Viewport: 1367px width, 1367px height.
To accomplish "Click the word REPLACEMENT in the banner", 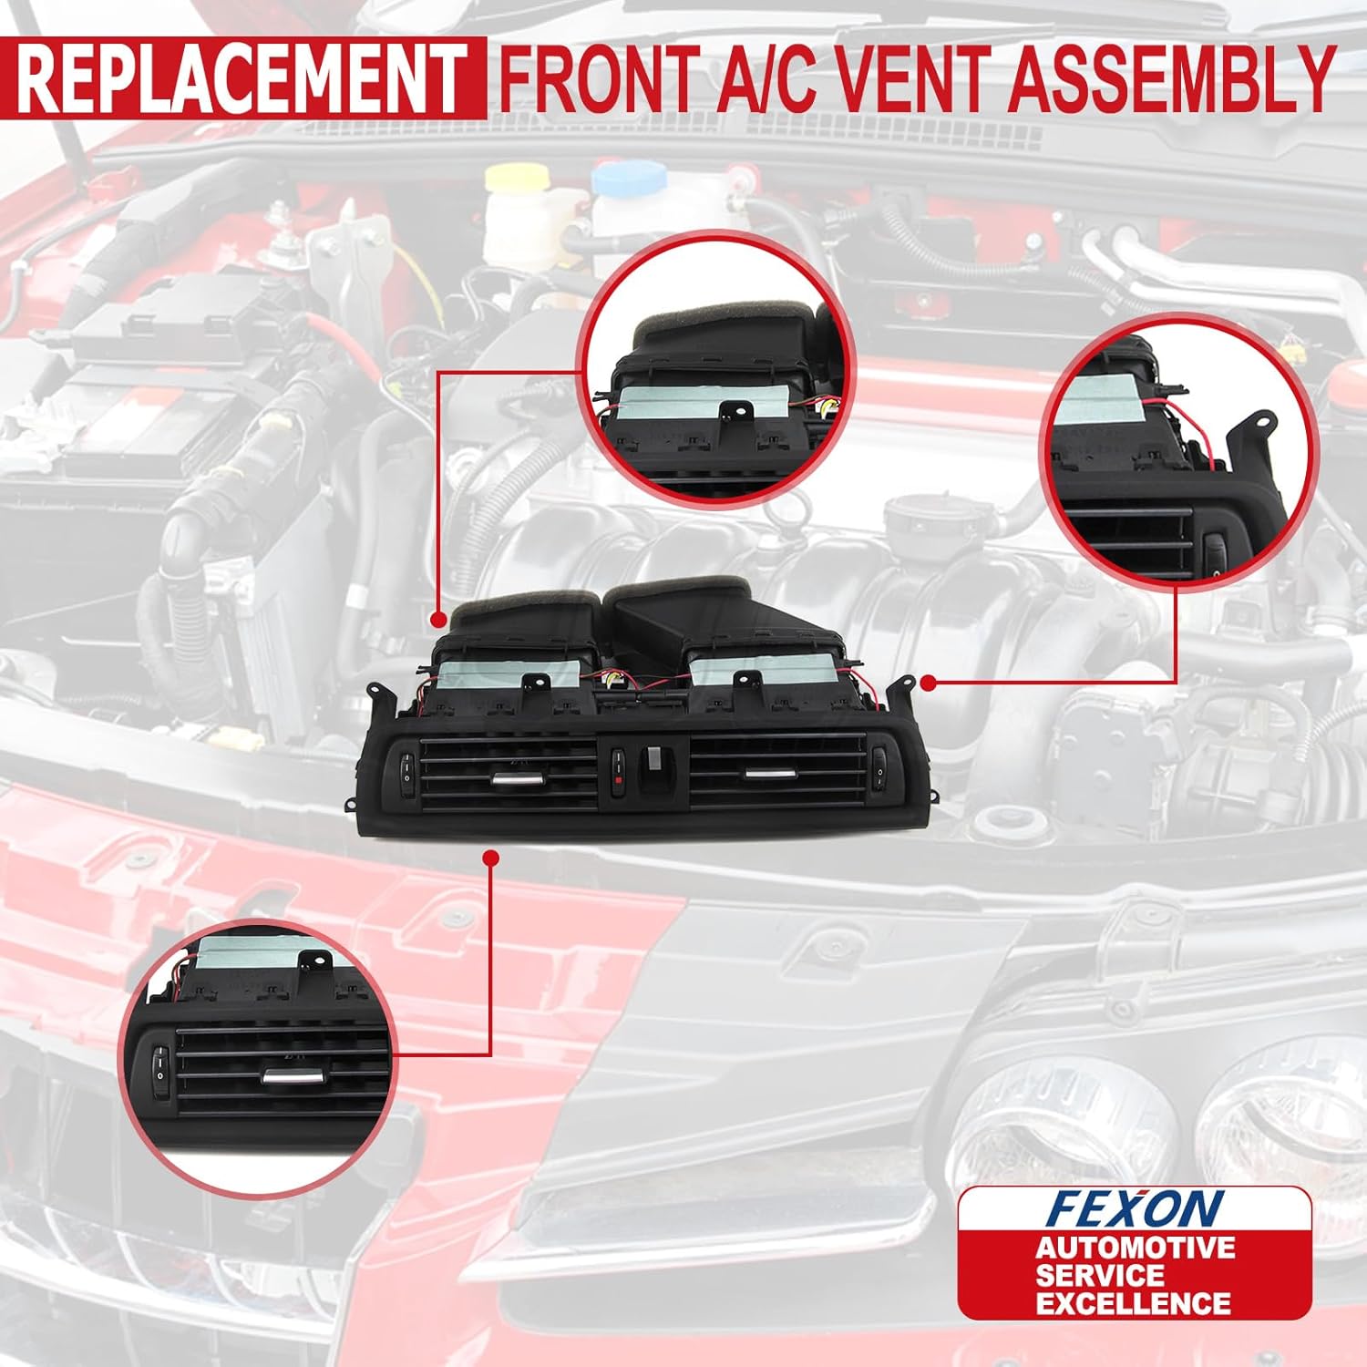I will [242, 79].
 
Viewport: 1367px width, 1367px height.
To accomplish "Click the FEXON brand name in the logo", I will [1134, 1208].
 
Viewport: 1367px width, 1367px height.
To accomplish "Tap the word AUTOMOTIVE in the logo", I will [1135, 1248].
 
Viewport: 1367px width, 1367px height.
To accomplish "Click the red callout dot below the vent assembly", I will [491, 858].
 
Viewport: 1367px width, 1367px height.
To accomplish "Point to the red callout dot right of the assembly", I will [928, 682].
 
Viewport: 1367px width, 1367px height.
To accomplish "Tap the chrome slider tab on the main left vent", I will [516, 778].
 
